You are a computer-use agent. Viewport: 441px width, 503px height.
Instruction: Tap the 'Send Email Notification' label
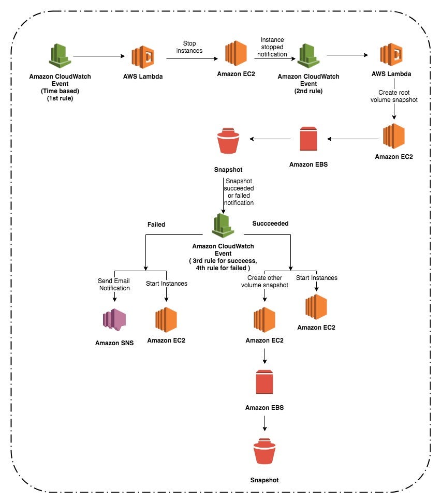[114, 284]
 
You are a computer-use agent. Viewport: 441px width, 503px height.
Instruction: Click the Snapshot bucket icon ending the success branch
[264, 453]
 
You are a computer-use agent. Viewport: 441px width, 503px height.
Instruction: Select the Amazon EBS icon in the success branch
[264, 382]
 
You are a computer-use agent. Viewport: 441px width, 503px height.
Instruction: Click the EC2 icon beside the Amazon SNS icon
[166, 320]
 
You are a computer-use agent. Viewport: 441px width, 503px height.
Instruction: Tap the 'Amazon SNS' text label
[114, 343]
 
